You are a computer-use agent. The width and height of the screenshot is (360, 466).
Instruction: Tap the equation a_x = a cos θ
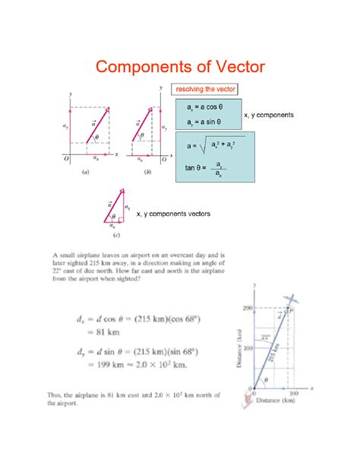[x=200, y=107]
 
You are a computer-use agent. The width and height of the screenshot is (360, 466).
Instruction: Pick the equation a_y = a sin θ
[x=200, y=121]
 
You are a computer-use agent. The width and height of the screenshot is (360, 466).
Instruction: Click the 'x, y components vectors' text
[x=173, y=214]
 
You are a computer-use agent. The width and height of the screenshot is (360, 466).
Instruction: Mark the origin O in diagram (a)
[x=66, y=160]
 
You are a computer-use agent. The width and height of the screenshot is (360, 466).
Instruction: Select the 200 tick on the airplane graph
[x=246, y=308]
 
